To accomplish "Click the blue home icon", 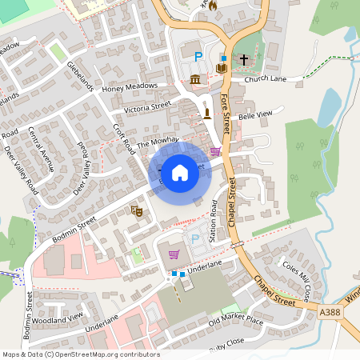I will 180,172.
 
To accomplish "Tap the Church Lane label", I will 265,79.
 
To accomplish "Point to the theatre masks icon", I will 136,211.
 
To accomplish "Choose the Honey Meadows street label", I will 130,87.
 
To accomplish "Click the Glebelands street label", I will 82,75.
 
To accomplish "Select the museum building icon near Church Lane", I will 196,78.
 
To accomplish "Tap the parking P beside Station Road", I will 193,239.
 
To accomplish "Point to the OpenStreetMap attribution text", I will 80,354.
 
